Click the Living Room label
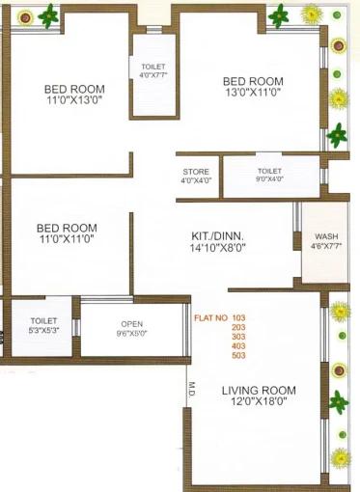(x=259, y=391)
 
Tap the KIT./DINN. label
(x=217, y=236)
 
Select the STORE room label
(x=196, y=172)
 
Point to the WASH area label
(x=326, y=236)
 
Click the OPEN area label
(x=132, y=324)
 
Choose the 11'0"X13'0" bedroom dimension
(x=74, y=100)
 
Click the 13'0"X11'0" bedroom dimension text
(x=253, y=93)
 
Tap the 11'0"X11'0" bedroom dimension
(x=67, y=239)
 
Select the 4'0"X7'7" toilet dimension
(x=153, y=75)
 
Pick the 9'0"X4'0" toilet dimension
(x=269, y=178)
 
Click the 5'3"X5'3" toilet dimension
(x=43, y=330)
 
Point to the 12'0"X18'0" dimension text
(x=259, y=401)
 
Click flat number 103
(x=238, y=318)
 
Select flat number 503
(x=238, y=356)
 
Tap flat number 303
(x=238, y=337)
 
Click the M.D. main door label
(x=192, y=390)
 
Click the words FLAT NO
(x=210, y=318)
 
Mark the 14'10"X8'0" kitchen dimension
(x=218, y=248)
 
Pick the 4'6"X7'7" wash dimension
(x=326, y=247)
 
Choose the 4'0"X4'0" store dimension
(x=196, y=180)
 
